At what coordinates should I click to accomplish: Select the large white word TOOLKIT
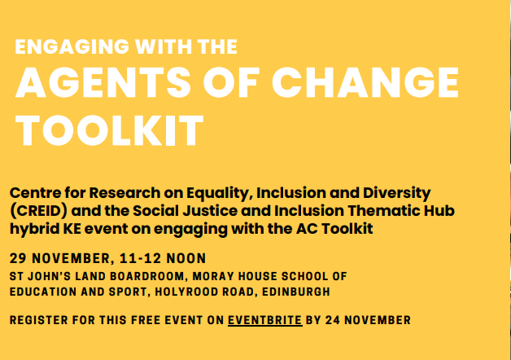pos(109,130)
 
